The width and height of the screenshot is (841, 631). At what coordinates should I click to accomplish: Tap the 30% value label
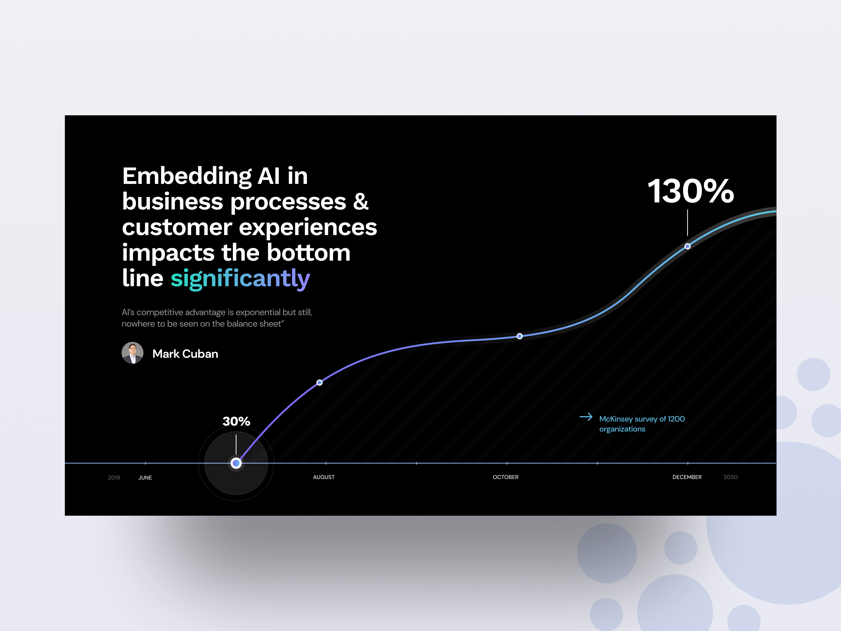[236, 421]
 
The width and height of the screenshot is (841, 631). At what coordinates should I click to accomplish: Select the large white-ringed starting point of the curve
[236, 463]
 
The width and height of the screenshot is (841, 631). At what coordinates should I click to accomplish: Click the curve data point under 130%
[687, 246]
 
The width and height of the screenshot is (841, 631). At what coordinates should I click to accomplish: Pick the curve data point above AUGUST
[319, 382]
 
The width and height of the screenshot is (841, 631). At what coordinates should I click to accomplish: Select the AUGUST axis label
[324, 477]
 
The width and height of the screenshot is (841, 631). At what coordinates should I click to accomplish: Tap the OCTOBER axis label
[505, 477]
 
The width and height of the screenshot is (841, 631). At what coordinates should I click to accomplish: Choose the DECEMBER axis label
[687, 477]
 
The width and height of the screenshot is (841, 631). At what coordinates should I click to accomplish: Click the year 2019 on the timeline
[114, 477]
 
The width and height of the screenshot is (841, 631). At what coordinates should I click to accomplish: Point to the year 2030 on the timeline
[730, 477]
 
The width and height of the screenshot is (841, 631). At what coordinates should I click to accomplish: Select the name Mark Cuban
[185, 354]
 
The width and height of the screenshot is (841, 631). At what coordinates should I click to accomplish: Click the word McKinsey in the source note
[615, 419]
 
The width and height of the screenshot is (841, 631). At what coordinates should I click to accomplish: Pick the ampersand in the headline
[360, 201]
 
